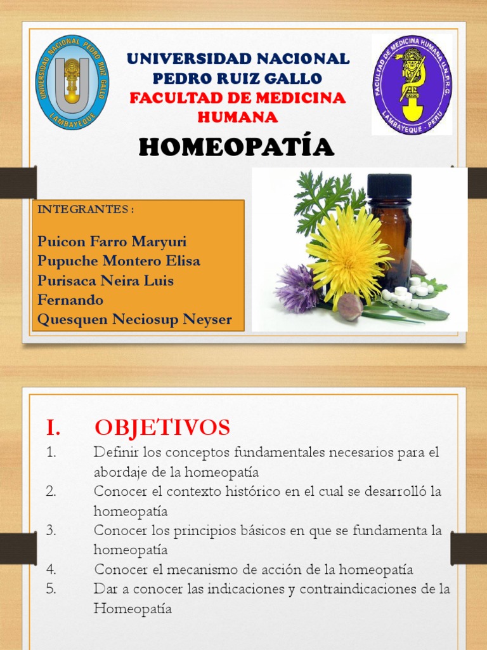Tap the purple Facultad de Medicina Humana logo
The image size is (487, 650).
pos(412,84)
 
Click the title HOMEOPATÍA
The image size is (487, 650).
pos(236,147)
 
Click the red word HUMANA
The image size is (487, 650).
pos(237,117)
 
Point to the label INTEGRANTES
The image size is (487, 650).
pos(86,209)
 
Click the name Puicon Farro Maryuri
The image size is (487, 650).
pos(112,242)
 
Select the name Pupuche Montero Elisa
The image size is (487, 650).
pos(119,261)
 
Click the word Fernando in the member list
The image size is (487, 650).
pos(70,300)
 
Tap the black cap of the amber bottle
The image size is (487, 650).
pos(389,185)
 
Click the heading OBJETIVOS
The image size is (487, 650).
pos(162,428)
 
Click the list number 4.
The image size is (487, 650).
pos(52,569)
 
